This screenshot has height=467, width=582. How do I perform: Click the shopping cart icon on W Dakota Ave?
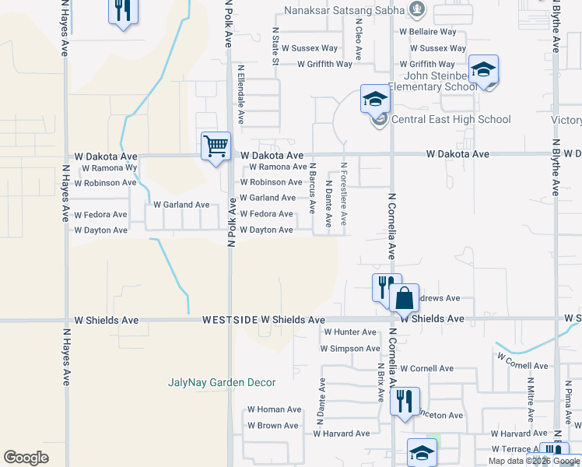[x=216, y=146]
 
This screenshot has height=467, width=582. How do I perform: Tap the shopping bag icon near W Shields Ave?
[x=404, y=298]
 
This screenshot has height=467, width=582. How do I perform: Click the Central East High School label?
[x=451, y=119]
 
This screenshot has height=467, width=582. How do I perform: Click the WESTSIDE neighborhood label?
[x=230, y=320]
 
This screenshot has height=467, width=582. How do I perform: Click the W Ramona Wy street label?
[x=109, y=167]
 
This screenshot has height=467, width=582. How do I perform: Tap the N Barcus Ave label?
[x=313, y=188]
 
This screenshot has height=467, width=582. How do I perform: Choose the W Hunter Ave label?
[x=349, y=332]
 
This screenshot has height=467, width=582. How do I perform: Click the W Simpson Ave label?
[x=350, y=349]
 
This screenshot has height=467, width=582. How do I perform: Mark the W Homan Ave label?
[x=274, y=409]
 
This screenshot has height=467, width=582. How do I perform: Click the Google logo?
[x=26, y=458]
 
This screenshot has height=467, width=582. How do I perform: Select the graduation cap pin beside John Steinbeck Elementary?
[x=483, y=72]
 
